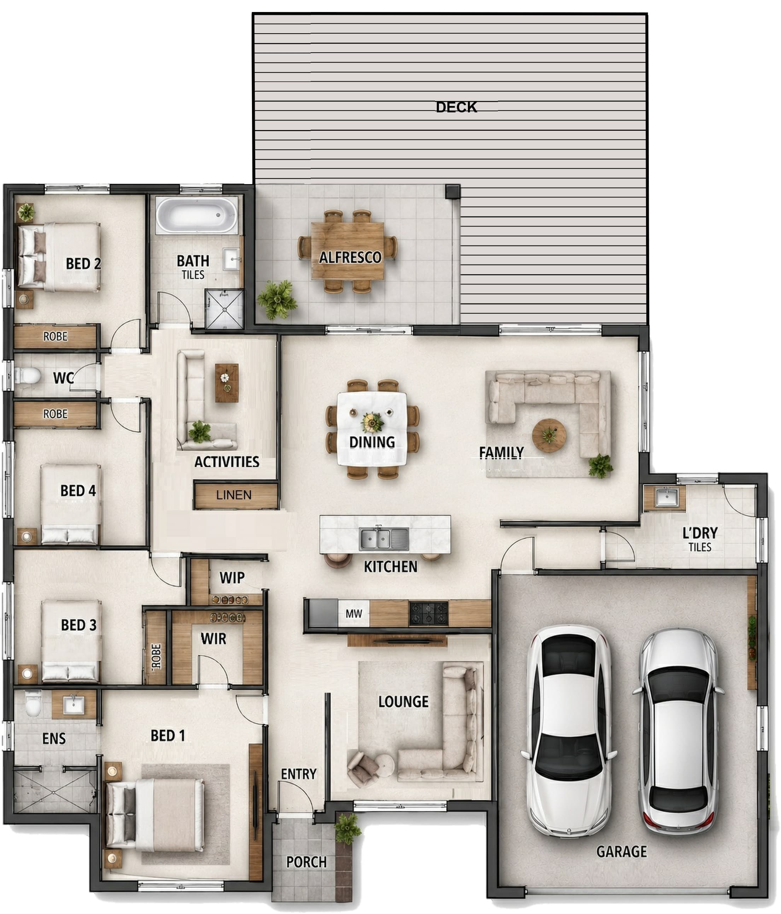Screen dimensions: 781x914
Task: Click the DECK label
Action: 456,107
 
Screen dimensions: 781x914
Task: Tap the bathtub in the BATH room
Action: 197,215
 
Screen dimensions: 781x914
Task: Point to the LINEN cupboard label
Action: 234,495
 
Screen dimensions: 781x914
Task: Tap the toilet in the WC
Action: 28,376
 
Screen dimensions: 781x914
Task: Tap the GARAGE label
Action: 621,851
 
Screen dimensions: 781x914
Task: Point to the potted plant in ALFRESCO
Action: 277,300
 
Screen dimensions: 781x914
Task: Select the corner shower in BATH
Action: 224,309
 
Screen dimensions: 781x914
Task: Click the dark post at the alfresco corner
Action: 452,191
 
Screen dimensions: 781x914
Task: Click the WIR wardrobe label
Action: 213,638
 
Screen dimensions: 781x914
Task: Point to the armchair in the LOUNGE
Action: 363,769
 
